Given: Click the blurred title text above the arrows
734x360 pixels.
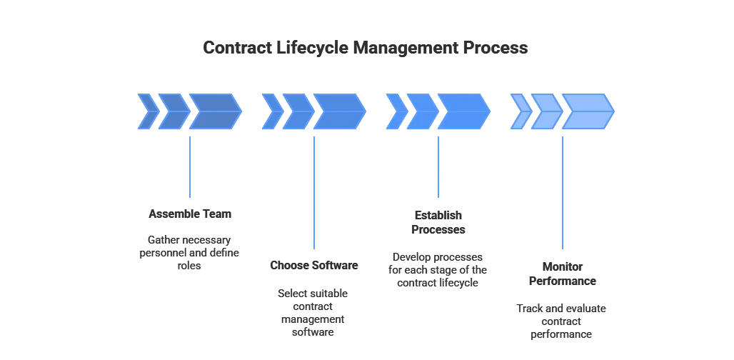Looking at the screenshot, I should pyautogui.click(x=366, y=49).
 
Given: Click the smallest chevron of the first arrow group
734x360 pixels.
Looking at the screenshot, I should pyautogui.click(x=148, y=111).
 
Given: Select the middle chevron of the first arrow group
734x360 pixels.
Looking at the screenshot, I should pyautogui.click(x=174, y=111).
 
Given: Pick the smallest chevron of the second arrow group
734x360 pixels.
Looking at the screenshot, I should pyautogui.click(x=272, y=111).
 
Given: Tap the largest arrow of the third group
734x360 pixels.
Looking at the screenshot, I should pyautogui.click(x=463, y=111).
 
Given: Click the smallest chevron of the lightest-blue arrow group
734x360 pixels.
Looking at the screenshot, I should pyautogui.click(x=521, y=111).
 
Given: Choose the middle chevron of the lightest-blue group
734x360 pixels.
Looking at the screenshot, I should pyautogui.click(x=546, y=111).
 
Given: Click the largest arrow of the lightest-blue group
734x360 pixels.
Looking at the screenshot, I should pyautogui.click(x=588, y=111).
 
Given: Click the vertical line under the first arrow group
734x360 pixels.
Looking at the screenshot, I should pyautogui.click(x=191, y=164).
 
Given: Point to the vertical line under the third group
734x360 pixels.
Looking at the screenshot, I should pyautogui.click(x=437, y=164).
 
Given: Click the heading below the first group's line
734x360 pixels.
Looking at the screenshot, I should pyautogui.click(x=191, y=214).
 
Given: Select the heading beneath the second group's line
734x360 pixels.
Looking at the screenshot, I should pyautogui.click(x=313, y=266).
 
